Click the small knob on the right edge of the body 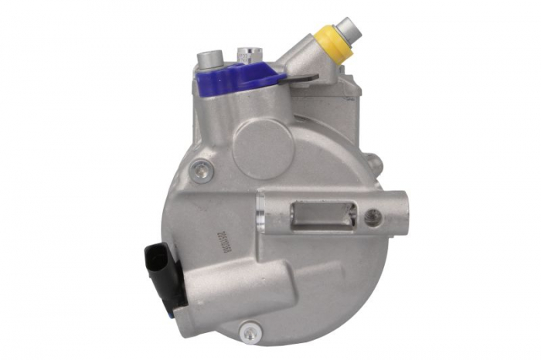point(376,163)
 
